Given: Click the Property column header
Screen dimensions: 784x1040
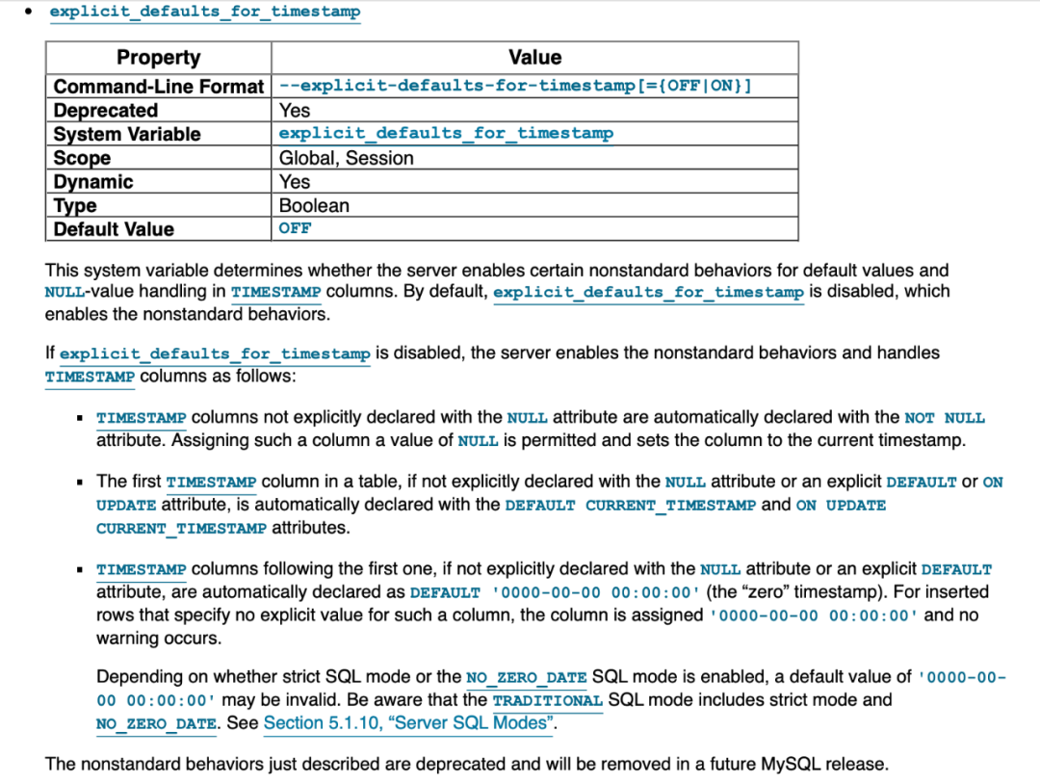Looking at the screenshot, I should [158, 58].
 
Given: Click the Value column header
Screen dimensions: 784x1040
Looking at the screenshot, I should [534, 58].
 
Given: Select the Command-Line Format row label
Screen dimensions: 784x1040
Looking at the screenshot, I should [158, 87].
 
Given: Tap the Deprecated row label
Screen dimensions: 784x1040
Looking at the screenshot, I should [106, 111].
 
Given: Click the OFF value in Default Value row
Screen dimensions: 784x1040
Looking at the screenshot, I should [295, 228].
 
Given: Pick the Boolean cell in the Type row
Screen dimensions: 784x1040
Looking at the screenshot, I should [314, 205].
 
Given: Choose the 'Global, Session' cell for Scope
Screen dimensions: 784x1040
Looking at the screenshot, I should [346, 158].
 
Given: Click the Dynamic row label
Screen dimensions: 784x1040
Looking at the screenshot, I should [93, 182].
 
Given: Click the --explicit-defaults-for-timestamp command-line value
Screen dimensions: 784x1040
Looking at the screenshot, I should [515, 86].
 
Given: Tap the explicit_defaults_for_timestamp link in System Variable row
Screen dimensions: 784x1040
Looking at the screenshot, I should [446, 134].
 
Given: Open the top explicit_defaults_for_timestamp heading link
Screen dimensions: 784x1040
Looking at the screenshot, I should [205, 13].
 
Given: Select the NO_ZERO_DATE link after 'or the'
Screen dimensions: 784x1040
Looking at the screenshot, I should [526, 677].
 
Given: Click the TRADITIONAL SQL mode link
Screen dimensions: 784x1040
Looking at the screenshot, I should [547, 700].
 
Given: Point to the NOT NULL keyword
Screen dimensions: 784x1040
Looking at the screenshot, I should [945, 418].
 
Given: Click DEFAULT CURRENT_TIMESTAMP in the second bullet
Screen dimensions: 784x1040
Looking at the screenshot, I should [630, 505].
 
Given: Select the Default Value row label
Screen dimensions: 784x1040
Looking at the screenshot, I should [114, 229].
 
